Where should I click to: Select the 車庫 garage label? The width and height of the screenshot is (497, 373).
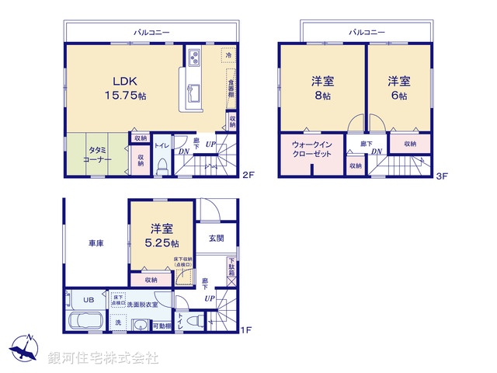(x=96, y=244)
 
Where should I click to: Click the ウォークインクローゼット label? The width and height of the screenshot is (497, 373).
(x=312, y=149)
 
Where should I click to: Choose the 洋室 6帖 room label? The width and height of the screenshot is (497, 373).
(x=398, y=87)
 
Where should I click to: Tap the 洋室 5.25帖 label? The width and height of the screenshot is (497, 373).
(x=162, y=236)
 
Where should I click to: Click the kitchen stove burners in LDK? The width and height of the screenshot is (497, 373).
(x=193, y=58)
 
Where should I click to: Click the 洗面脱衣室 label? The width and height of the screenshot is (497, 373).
(x=144, y=305)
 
